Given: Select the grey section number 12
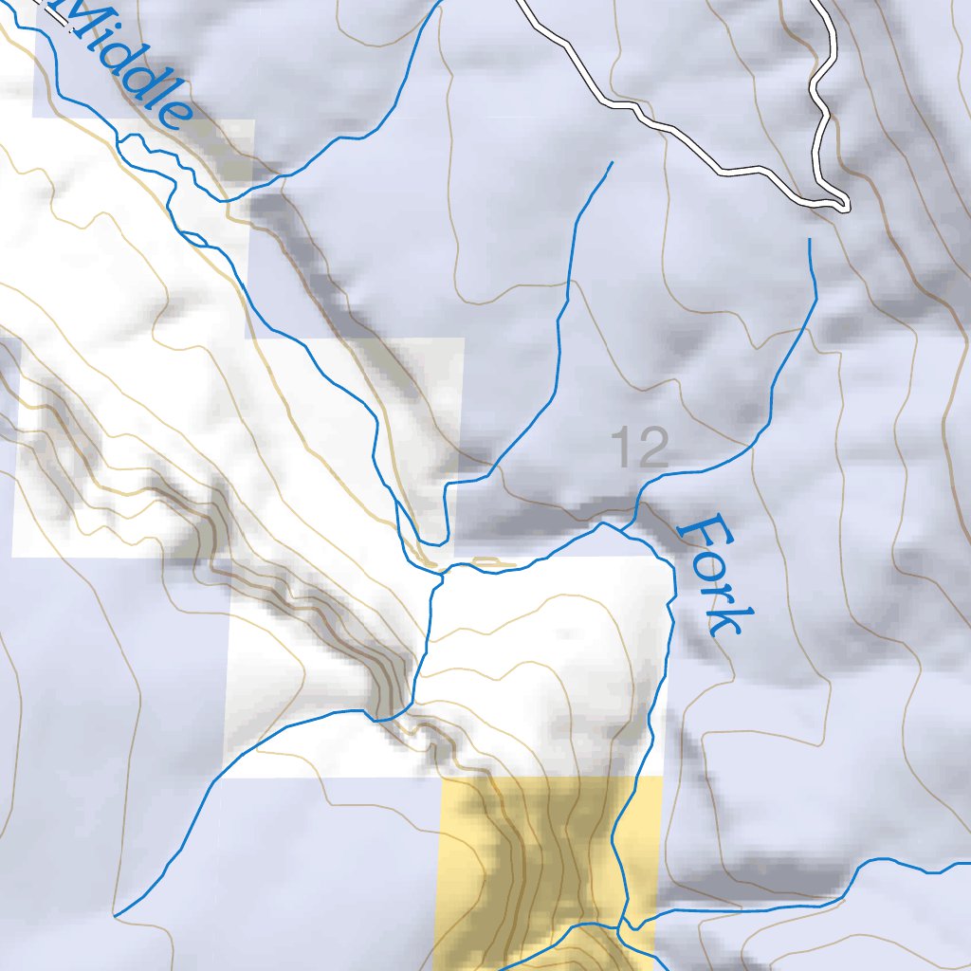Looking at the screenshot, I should [x=640, y=448].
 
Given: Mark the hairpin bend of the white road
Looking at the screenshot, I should [x=844, y=204].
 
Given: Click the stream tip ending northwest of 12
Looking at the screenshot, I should [x=612, y=162].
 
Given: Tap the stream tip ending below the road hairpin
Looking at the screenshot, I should [x=809, y=239].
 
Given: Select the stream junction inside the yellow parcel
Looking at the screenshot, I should [x=623, y=924].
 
